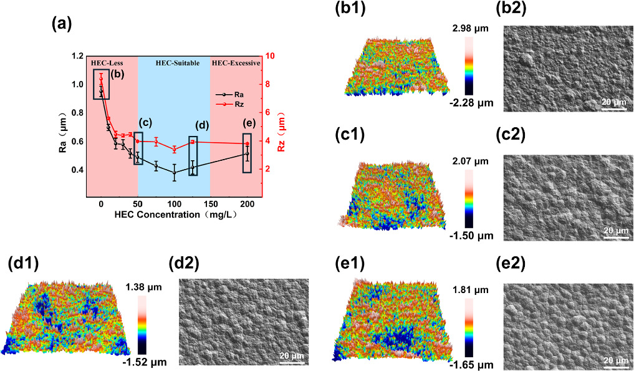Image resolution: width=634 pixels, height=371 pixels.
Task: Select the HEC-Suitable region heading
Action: coord(173,63)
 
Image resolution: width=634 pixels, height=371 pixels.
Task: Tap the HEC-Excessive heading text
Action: coord(236,63)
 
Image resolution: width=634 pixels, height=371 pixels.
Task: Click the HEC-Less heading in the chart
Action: coord(107,63)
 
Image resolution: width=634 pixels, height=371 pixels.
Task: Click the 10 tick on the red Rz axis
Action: coord(270,56)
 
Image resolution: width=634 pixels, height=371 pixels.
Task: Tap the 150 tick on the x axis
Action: coord(211,204)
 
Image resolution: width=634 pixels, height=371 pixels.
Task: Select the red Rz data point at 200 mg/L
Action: coord(247,144)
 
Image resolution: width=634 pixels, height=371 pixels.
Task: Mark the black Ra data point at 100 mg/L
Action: coord(174,172)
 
